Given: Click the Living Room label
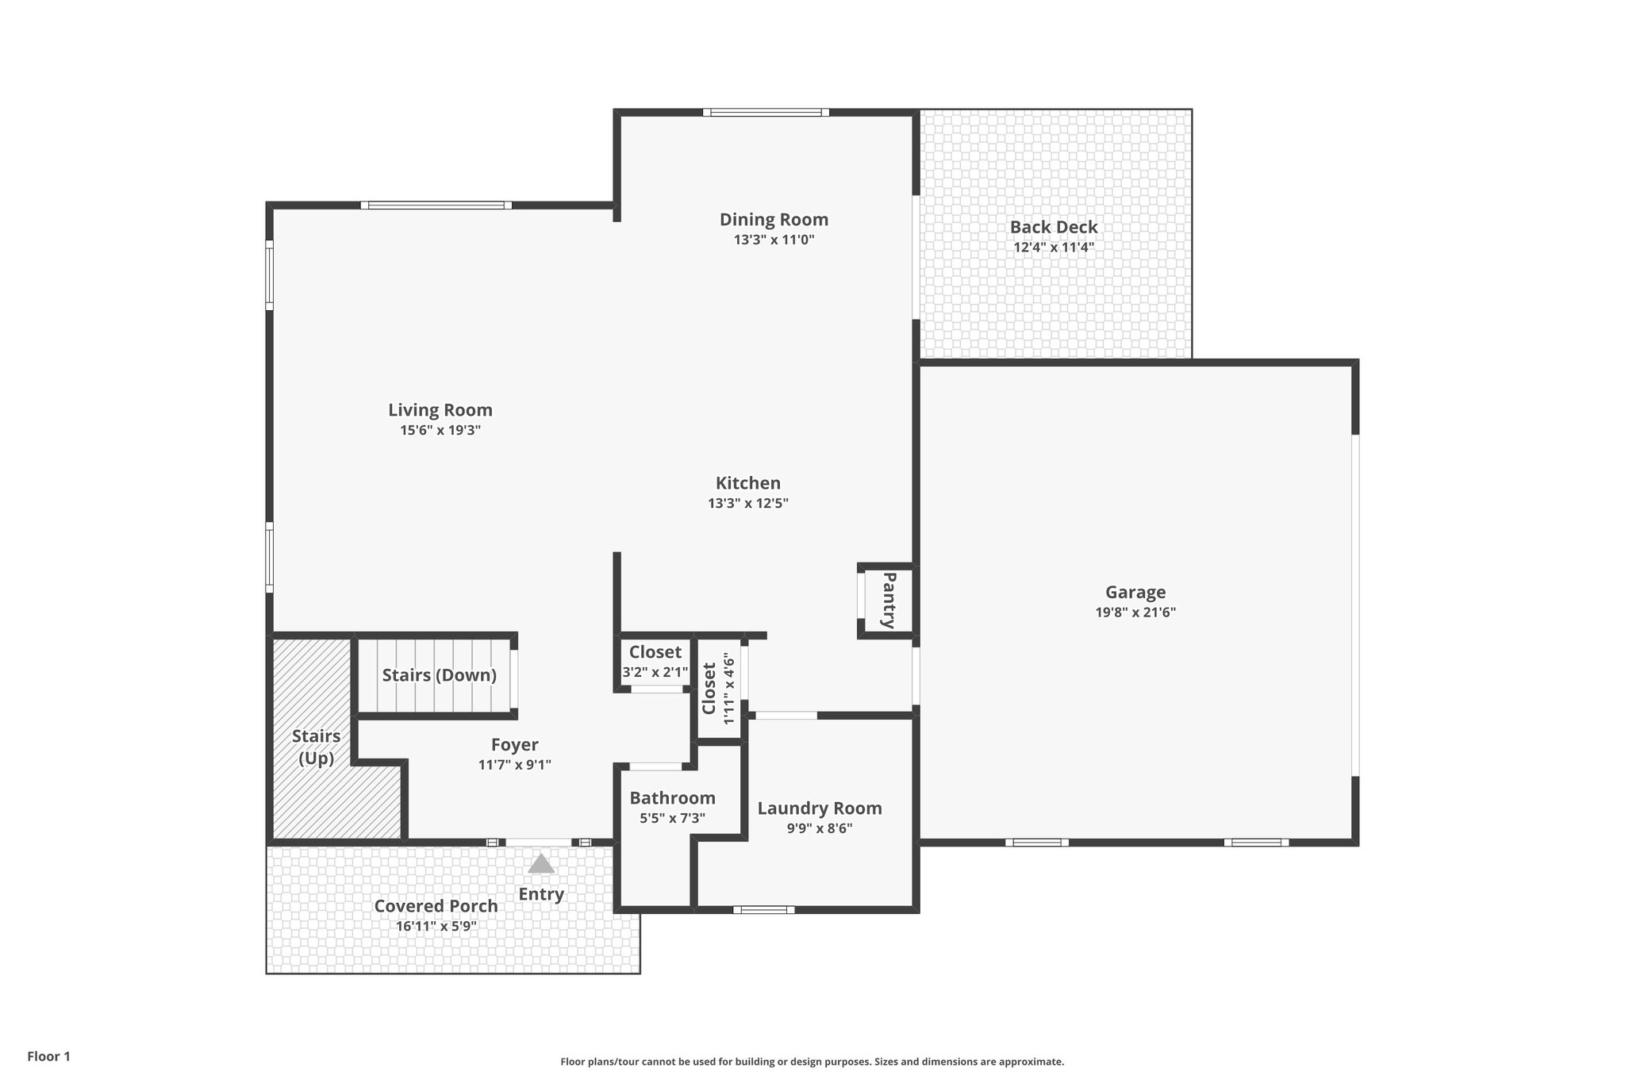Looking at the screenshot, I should tap(440, 410).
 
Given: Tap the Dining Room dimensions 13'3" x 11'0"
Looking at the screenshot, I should tap(774, 240).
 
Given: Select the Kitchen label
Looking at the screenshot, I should tap(747, 483).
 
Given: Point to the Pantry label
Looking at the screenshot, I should tap(889, 600).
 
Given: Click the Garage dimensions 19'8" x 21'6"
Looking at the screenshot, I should tap(1135, 613).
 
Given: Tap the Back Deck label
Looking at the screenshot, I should tap(1053, 227).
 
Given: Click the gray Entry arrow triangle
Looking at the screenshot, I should tap(541, 864).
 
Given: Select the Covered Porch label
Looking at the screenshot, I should tap(436, 906).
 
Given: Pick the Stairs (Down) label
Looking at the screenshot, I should tap(439, 675).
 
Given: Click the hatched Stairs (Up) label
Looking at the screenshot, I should tap(316, 747).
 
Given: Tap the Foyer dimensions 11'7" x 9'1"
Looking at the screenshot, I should tap(514, 765).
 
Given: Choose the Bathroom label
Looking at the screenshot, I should tap(672, 798).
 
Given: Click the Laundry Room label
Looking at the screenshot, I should tap(819, 808).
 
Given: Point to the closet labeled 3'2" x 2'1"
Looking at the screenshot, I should tap(655, 672).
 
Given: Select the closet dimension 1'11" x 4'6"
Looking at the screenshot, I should tap(729, 688).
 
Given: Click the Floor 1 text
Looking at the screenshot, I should tap(48, 1057).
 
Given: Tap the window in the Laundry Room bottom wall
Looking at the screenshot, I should tap(763, 909).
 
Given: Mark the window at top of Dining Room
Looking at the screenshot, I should tap(766, 113).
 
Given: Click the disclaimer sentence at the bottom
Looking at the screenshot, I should tap(812, 1062).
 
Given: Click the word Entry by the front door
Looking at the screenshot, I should tap(541, 894).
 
